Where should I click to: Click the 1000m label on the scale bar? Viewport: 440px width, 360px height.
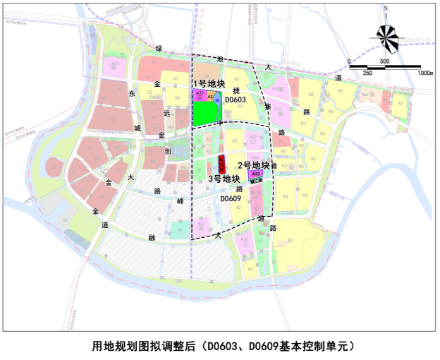coord(424,72)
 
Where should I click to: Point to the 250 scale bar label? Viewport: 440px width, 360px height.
coord(367,73)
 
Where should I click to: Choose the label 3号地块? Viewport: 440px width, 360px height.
coord(225,179)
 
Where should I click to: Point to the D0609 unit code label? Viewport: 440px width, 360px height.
coord(231,200)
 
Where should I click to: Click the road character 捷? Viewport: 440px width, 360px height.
coord(237,90)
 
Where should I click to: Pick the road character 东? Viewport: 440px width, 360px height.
coord(132,92)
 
